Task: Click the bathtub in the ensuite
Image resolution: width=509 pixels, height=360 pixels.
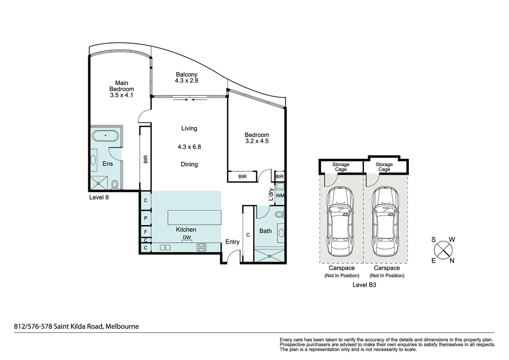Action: point(105,136)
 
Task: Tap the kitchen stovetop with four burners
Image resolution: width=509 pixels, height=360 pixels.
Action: point(201,247)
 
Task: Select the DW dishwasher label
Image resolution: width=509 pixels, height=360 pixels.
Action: point(187,238)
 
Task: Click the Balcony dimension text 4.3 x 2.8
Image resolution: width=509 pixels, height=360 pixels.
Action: point(187,81)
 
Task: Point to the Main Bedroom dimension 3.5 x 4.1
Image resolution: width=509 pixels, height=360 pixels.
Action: point(122,95)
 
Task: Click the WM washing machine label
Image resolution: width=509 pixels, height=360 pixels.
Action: point(280,196)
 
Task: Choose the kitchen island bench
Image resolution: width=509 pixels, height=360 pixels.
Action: point(194,218)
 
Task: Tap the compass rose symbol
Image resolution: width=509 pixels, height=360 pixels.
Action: point(443,250)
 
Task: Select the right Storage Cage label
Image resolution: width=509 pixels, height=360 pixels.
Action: point(384,167)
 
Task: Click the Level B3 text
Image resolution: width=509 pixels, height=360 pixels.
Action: point(364,285)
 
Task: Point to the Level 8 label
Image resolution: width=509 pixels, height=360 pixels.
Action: point(99,197)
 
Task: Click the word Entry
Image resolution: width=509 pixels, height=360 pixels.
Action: point(232,242)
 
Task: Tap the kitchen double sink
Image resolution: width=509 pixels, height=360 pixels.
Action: point(165,247)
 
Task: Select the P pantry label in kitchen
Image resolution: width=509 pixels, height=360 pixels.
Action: point(146,218)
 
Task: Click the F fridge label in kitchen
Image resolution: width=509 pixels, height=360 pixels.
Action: point(146,231)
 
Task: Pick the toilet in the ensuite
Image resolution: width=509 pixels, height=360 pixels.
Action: point(115,184)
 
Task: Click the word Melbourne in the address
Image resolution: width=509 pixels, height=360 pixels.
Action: point(122,326)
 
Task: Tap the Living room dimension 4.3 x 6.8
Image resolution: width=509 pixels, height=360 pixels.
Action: point(189,147)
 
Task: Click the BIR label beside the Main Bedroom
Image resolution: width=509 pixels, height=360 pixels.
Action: point(146,159)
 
